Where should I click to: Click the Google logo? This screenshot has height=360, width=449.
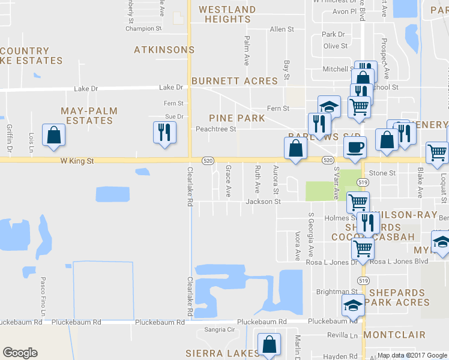[x=20, y=353]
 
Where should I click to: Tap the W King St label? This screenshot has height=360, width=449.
[x=77, y=161]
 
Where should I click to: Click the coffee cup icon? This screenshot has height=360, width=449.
[x=354, y=148]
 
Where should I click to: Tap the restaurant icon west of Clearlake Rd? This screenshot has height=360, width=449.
[x=164, y=132]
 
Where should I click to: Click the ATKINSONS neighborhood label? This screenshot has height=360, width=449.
[x=164, y=50]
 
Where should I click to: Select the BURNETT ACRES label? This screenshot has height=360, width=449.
[x=234, y=81]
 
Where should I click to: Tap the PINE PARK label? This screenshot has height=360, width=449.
[x=237, y=118]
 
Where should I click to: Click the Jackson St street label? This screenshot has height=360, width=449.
[x=263, y=202]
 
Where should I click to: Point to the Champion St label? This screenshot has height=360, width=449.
[x=143, y=28]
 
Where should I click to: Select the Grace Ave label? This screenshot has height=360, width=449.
[x=228, y=181]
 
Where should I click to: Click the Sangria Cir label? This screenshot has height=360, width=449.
[x=219, y=330]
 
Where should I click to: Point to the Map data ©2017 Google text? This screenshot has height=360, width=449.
[x=411, y=355]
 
